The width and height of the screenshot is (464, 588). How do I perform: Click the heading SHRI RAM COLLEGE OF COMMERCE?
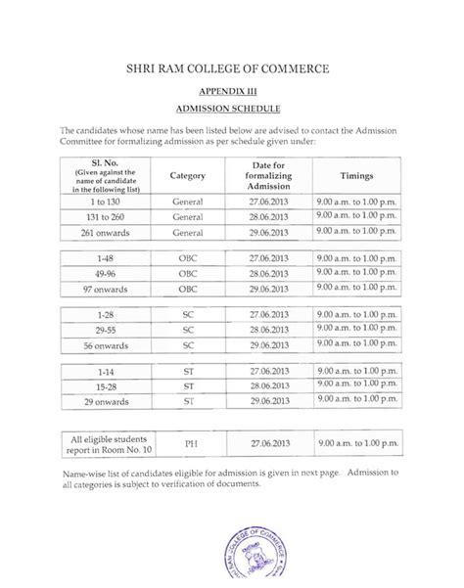232,69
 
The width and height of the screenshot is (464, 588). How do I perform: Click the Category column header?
186,175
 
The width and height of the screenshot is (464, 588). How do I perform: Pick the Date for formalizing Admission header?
268,175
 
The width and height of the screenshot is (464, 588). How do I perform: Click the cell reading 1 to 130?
103,199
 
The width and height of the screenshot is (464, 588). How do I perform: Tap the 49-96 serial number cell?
103,275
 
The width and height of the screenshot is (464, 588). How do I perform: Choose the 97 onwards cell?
103,292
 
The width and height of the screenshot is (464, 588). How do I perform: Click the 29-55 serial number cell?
103,331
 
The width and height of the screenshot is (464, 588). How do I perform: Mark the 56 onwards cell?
103,347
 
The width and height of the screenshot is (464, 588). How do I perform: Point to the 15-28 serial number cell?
103,387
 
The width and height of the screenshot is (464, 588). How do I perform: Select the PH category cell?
186,444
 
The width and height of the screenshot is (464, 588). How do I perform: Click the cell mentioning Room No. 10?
103,444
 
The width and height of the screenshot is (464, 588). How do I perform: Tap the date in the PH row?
268,444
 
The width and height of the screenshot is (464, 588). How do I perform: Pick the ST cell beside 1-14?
186,372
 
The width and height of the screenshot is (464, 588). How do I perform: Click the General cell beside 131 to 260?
186,215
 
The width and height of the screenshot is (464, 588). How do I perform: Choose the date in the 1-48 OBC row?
268,258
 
